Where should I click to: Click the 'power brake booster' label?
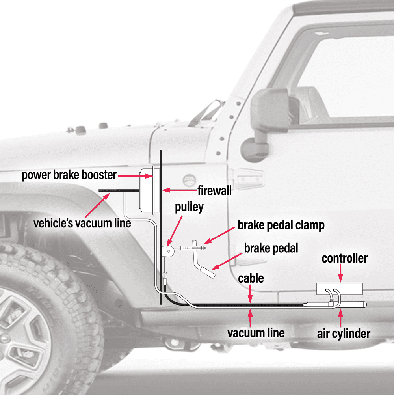pos(69,175)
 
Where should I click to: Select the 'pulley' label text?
pos(189,207)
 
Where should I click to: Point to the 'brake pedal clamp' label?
pos(281,225)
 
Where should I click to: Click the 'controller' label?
pos(344,259)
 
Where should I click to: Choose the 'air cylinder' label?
pos(344,334)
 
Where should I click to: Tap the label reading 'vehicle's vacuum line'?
pos(82,223)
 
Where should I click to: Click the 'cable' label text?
pos(251,278)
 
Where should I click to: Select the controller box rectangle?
pos(340,289)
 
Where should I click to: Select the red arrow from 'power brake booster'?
pos(130,175)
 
